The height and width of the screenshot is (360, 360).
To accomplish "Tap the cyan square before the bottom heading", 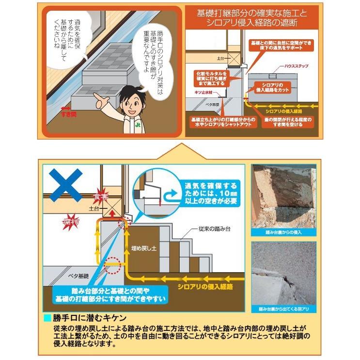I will [x=47, y=318].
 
